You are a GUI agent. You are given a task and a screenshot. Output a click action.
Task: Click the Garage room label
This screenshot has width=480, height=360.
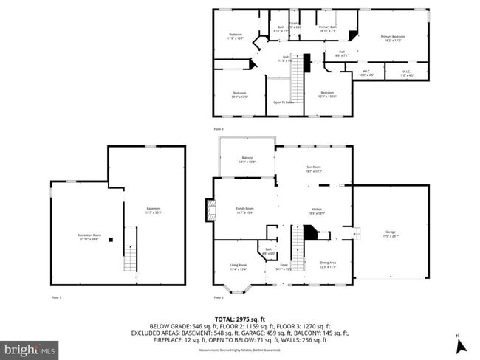pos(389,235)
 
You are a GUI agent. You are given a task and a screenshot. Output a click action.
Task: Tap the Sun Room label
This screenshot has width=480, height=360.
pos(315,169)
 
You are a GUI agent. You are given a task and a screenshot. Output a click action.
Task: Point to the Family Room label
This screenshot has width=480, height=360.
pos(244,211)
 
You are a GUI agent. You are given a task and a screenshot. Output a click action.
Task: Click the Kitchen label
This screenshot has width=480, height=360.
pos(317,211)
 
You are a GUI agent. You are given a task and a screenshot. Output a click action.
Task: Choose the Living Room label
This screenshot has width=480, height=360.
pos(238,267)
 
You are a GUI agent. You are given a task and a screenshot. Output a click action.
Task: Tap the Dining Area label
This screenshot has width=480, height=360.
pos(328,264)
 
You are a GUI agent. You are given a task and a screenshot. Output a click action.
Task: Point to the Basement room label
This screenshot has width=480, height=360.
pos(153,210)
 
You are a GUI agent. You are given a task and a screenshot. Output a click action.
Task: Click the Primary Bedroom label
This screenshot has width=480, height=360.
pos(393,38)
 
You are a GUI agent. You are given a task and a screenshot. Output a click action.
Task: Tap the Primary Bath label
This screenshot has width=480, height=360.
pos(327,29)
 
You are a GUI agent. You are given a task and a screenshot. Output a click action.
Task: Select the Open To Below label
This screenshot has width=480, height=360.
pos(284,103)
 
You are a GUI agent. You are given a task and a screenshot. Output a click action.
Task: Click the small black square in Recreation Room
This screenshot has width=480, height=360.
pos(110,240)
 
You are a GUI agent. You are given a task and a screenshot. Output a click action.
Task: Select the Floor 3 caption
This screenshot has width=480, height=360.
pos(218,128)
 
